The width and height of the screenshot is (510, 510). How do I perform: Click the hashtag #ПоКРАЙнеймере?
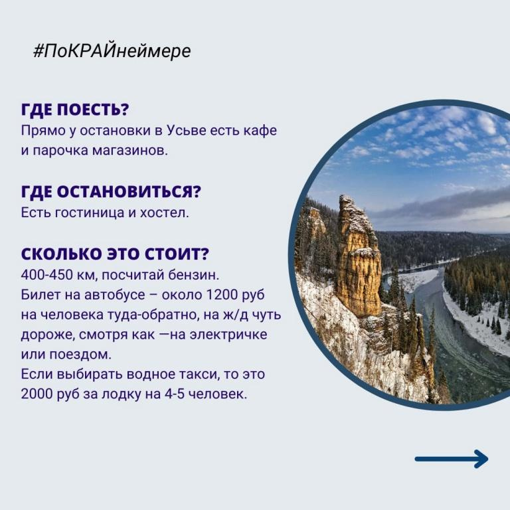(112, 50)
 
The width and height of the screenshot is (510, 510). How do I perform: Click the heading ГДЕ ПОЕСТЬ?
(75, 110)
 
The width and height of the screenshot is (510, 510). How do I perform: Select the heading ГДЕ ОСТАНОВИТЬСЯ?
(112, 191)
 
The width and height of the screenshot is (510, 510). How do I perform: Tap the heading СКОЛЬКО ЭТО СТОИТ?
(115, 254)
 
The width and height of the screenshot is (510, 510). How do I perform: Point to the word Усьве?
(187, 130)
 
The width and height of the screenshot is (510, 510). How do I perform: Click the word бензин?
(193, 275)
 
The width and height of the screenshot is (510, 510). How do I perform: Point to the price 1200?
(222, 295)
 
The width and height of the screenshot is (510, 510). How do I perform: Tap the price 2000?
(37, 394)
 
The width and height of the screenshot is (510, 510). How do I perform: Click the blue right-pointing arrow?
(452, 459)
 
